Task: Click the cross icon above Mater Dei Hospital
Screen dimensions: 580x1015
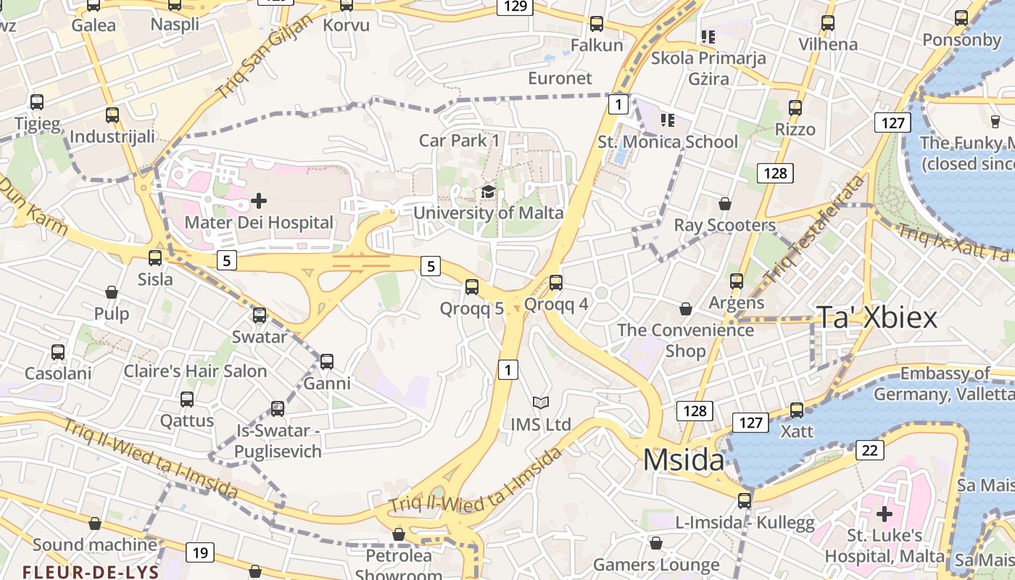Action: pos(259,200)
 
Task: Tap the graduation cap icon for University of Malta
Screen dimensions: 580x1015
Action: pos(489,192)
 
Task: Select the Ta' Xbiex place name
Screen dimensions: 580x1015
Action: pos(877,318)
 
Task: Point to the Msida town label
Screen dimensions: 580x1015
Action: pos(683,460)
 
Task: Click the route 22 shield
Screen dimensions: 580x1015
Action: pos(870,450)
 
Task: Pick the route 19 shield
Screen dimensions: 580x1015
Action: pos(200,553)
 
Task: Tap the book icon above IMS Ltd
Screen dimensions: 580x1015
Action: pos(540,402)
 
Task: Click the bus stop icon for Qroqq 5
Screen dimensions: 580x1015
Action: pos(472,287)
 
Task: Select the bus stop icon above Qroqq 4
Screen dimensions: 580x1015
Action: pos(556,283)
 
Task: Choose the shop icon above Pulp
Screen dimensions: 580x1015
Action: pos(112,292)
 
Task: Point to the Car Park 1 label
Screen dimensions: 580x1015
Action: pos(459,140)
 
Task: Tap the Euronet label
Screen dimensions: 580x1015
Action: pos(560,78)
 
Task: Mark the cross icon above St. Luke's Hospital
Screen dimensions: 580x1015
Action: pos(884,514)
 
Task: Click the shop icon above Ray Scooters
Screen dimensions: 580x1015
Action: pos(724,204)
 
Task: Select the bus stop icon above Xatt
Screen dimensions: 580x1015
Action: pos(797,410)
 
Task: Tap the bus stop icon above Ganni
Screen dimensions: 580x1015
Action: pos(327,361)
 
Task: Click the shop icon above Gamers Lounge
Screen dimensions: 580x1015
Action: pos(656,543)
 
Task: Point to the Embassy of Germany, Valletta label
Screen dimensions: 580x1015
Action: pos(943,384)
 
